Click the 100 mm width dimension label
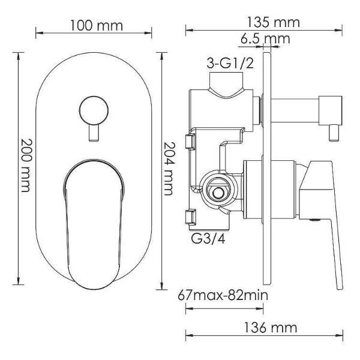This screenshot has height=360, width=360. [96, 25]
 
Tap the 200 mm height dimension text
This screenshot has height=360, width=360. [25, 166]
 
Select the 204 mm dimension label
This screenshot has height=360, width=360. [170, 169]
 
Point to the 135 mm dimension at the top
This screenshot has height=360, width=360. [273, 22]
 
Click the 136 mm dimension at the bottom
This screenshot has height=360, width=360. [270, 328]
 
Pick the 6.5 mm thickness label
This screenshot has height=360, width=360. [265, 39]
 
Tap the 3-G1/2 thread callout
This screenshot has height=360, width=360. [230, 63]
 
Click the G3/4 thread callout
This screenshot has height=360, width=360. [208, 239]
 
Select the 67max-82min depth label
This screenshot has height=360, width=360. [223, 295]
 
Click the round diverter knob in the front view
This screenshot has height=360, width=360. [94, 110]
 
